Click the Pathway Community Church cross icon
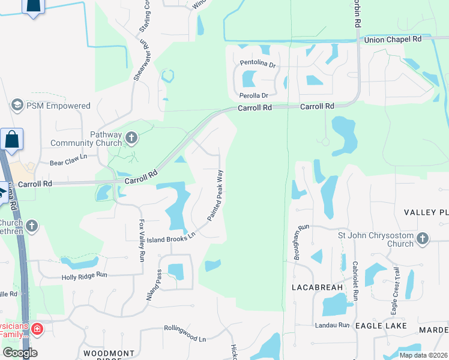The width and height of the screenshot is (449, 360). pyautogui.click(x=131, y=139)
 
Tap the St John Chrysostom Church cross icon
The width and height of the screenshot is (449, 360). pyautogui.click(x=423, y=239)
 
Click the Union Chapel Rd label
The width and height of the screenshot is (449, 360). pyautogui.click(x=394, y=39)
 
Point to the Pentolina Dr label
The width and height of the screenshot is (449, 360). pyautogui.click(x=258, y=63)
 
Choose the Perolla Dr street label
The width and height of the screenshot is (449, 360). pyautogui.click(x=253, y=95)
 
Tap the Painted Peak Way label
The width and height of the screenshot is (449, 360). pyautogui.click(x=215, y=195)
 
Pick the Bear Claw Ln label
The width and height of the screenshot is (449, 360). pyautogui.click(x=68, y=163)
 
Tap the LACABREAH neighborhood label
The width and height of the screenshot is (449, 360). pyautogui.click(x=317, y=287)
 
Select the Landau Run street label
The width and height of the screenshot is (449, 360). pyautogui.click(x=332, y=325)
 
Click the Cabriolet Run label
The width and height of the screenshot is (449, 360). pyautogui.click(x=355, y=281)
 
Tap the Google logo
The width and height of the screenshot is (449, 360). pyautogui.click(x=20, y=353)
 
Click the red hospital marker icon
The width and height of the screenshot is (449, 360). pyautogui.click(x=37, y=329)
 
